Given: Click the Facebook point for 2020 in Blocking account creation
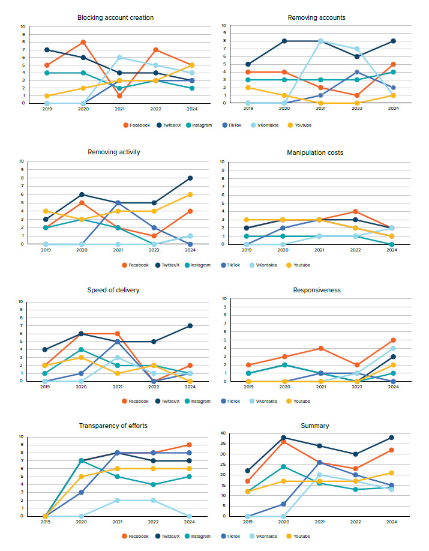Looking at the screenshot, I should [x=83, y=42].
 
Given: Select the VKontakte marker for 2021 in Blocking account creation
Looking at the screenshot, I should [x=120, y=58].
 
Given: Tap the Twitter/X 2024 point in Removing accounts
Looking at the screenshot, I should [x=392, y=41].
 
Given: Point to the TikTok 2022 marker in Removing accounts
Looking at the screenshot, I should [x=356, y=72].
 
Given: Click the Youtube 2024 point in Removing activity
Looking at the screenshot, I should [x=190, y=194].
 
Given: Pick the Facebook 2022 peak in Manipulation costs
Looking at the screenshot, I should [x=356, y=211].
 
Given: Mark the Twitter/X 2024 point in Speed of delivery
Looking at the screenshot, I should [x=190, y=326].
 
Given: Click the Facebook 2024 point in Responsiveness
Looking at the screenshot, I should [x=392, y=340].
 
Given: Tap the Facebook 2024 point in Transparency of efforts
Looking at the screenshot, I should [x=190, y=445].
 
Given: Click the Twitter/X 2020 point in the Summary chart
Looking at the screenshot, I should [x=284, y=438].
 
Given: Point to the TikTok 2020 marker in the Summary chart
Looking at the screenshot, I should [x=284, y=504].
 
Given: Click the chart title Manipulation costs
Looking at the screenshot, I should [x=320, y=153].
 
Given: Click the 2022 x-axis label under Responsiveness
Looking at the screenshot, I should [x=356, y=387].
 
